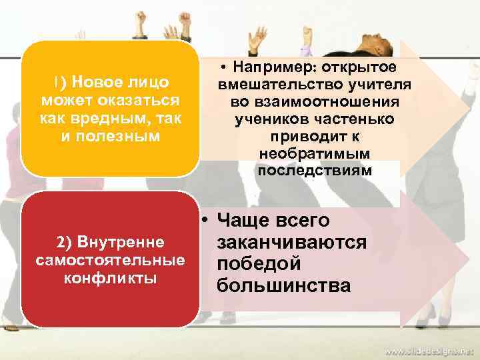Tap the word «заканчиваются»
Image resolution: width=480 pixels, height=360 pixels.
pos(291,242)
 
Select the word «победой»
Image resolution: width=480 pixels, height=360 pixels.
pos(259,264)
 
